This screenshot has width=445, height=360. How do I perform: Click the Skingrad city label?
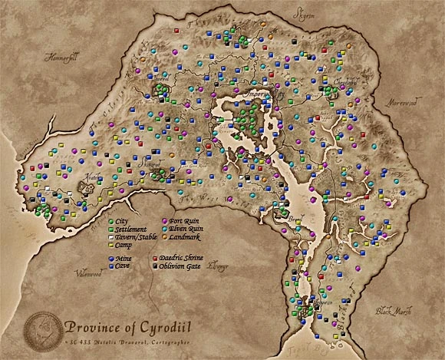(151, 163)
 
